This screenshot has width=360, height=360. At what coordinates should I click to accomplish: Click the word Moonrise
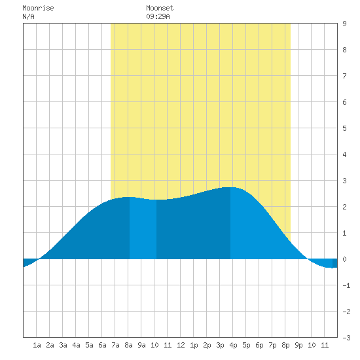38,8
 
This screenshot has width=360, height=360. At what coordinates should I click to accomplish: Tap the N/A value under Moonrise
28,16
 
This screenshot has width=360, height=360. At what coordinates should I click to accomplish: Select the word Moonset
160,8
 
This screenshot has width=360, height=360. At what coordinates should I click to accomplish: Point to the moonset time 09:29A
158,16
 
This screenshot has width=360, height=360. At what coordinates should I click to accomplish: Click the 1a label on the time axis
37,345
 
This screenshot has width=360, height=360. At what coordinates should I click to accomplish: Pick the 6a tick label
102,345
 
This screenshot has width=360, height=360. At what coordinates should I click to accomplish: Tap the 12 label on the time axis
181,345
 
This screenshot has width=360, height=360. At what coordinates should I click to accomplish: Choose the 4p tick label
233,345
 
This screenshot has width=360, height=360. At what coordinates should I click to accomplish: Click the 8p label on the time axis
285,345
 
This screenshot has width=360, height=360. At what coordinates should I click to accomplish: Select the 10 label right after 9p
312,345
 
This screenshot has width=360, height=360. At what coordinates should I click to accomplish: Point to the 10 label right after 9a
154,345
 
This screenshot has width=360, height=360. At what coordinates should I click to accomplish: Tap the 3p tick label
220,345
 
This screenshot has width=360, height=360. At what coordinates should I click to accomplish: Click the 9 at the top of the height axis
344,24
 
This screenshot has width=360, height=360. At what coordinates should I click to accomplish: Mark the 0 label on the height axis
344,259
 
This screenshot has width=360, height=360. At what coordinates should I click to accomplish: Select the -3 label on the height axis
346,338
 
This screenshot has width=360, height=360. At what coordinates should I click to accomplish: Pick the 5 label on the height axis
344,128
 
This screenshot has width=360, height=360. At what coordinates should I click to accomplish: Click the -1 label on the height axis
346,285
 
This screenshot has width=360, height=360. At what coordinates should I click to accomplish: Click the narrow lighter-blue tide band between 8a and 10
143,228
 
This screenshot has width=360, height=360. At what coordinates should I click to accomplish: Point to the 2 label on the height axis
344,207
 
